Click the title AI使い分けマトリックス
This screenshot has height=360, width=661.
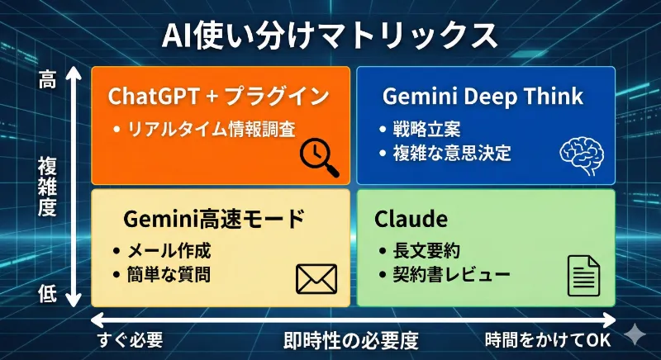pos(330,36)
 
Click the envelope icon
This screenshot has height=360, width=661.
pos(316,279)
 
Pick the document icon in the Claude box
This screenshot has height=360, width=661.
pos(583,276)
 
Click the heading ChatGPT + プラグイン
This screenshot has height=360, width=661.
pos(219,96)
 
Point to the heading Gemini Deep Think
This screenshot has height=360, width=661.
pos(483,96)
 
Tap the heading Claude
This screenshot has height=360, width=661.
pos(411,219)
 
